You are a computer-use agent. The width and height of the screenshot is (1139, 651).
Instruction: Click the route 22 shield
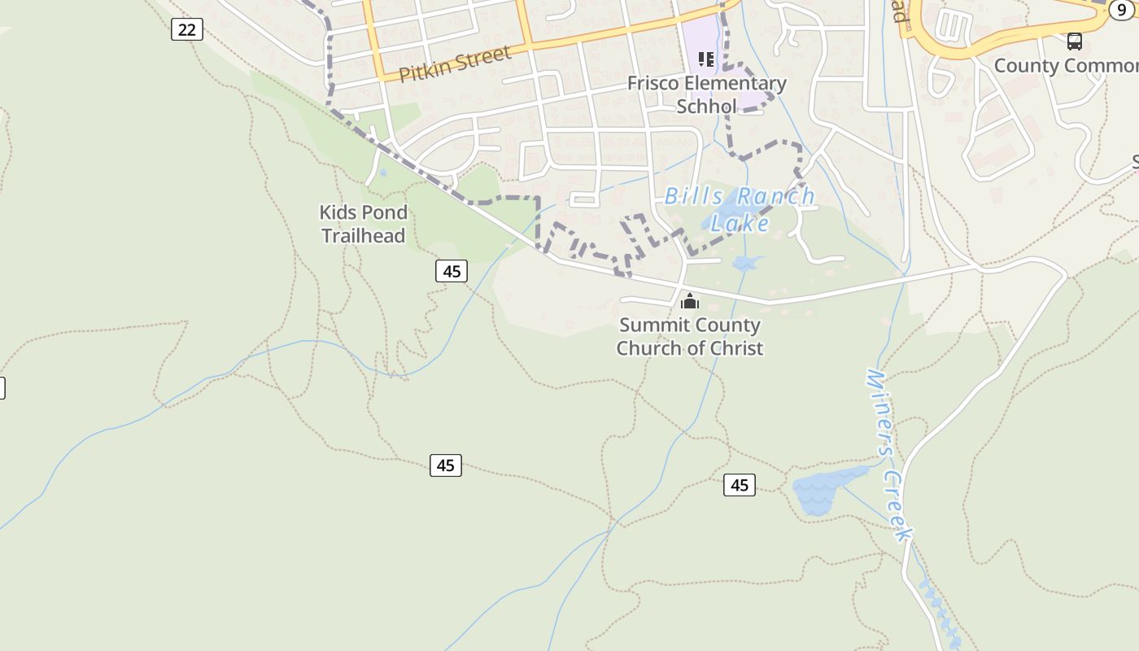coord(187,30)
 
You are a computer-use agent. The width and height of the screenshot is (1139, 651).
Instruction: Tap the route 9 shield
coord(1122,10)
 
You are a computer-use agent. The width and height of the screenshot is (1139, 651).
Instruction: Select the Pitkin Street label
coord(455,63)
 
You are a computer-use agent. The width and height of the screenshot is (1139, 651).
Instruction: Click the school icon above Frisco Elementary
coord(705,59)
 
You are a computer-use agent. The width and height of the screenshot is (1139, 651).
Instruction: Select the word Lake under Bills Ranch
coord(740,223)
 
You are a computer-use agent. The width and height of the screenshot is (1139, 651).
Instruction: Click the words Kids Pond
coord(363,212)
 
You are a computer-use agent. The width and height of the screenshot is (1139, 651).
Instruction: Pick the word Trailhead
coord(363,236)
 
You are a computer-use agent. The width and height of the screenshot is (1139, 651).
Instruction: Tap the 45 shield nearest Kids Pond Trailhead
coord(452,271)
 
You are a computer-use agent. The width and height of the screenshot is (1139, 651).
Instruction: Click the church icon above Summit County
coord(690,302)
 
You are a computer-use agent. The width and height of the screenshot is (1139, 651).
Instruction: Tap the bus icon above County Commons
coord(1074,41)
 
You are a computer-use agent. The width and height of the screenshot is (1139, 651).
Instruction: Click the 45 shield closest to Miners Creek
coord(739,485)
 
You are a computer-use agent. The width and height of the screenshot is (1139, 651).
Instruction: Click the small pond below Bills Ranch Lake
coord(747,263)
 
